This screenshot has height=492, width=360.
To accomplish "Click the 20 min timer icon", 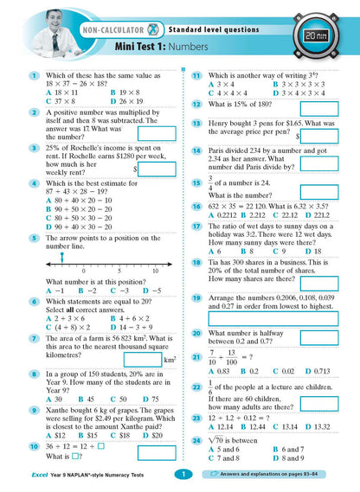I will pyautogui.click(x=329, y=36).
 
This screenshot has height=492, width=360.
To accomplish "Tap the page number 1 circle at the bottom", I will pyautogui.click(x=180, y=474).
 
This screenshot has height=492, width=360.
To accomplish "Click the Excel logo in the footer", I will pyautogui.click(x=18, y=475).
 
